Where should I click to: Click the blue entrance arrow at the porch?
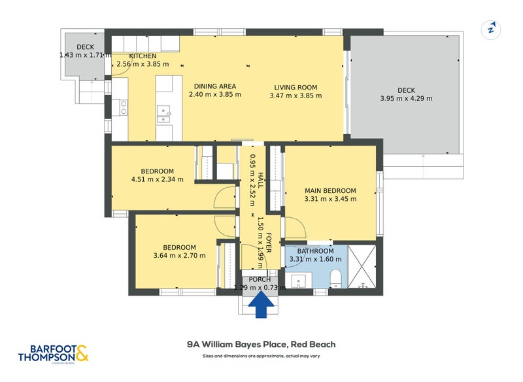[261, 305]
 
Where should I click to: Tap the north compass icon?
[491, 30]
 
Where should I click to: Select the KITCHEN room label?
[143, 56]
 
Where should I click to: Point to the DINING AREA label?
[215, 86]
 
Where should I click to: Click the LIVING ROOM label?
[295, 87]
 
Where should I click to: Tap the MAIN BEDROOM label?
[330, 191]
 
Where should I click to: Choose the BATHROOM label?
[315, 251]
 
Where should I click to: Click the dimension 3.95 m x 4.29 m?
[406, 99]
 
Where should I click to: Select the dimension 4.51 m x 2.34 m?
[157, 179]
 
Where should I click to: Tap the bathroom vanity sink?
[300, 282]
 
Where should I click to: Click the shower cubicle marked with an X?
[363, 267]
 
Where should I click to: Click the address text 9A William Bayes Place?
[261, 343]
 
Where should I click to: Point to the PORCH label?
[260, 279]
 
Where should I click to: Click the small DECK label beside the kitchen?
[86, 47]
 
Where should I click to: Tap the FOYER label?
[268, 239]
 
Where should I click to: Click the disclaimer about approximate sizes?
[261, 356]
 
